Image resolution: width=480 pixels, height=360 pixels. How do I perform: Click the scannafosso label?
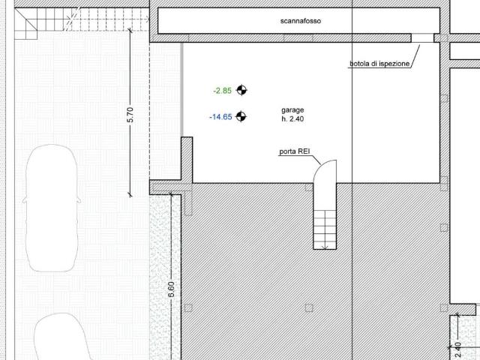pyautogui.click(x=301, y=21)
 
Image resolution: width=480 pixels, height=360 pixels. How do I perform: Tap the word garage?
pyautogui.click(x=292, y=110)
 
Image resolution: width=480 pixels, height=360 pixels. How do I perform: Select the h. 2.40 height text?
pyautogui.click(x=292, y=118)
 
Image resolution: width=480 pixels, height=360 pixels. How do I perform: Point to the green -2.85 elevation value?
pyautogui.click(x=223, y=91)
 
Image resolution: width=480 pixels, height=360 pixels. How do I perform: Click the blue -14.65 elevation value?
pyautogui.click(x=220, y=117)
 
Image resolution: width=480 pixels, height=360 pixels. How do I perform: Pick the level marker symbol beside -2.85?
pyautogui.click(x=241, y=90)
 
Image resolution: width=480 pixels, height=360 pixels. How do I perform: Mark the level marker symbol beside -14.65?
pyautogui.click(x=241, y=116)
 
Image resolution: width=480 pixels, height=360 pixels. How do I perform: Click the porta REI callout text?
pyautogui.click(x=295, y=151)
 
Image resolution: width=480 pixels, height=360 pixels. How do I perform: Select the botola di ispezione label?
pyautogui.click(x=379, y=64)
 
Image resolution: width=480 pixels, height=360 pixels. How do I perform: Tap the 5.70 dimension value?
pyautogui.click(x=130, y=115)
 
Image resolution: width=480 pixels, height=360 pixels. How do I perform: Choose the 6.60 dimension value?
pyautogui.click(x=172, y=289)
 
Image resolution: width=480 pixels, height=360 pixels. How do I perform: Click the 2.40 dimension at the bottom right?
pyautogui.click(x=458, y=350)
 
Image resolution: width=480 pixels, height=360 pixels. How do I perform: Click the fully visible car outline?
pyautogui.click(x=52, y=208)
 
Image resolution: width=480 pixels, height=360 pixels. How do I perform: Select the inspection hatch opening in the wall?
pyautogui.click(x=422, y=38)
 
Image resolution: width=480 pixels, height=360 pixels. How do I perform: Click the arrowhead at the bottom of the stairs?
pyautogui.click(x=325, y=247)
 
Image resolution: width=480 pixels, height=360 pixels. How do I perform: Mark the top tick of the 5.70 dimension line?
pyautogui.click(x=130, y=30)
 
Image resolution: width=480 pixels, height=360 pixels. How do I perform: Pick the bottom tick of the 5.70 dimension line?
pyautogui.click(x=130, y=195)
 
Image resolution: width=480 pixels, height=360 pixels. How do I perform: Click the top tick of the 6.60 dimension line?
pyautogui.click(x=171, y=193)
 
